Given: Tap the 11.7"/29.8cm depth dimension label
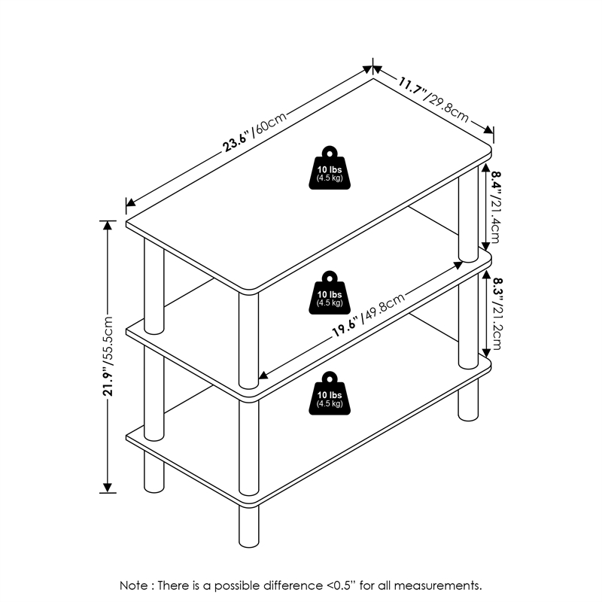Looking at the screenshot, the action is pyautogui.click(x=433, y=99).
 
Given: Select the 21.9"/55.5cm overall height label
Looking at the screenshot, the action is pyautogui.click(x=108, y=356).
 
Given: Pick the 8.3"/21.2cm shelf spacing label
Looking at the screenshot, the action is pyautogui.click(x=494, y=314).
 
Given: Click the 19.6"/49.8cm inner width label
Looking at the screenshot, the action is pyautogui.click(x=369, y=315).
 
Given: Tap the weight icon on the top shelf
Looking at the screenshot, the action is pyautogui.click(x=330, y=168).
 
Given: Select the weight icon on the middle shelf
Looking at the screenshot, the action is pyautogui.click(x=330, y=293).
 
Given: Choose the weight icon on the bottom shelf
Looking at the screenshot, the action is pyautogui.click(x=330, y=393).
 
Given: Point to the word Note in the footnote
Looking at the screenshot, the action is pyautogui.click(x=133, y=585).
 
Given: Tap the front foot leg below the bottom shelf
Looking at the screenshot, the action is pyautogui.click(x=249, y=526).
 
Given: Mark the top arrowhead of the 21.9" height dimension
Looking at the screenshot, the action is pyautogui.click(x=108, y=225).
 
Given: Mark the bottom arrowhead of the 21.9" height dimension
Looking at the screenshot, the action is pyautogui.click(x=108, y=488).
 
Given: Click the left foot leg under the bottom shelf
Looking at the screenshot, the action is pyautogui.click(x=154, y=472).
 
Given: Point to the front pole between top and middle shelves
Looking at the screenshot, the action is pyautogui.click(x=249, y=341).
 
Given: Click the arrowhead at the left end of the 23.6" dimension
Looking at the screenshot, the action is pyautogui.click(x=130, y=202).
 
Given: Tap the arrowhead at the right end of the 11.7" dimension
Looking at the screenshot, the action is pyautogui.click(x=488, y=129).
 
